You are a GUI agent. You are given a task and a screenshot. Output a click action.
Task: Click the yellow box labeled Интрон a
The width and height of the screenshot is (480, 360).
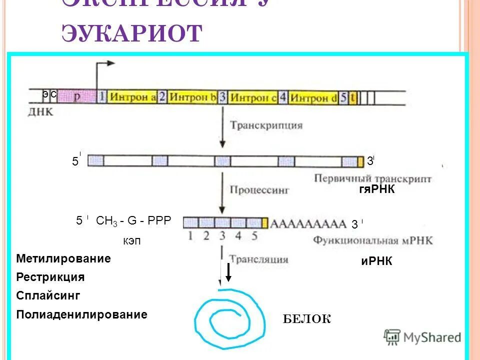click(x=132, y=97)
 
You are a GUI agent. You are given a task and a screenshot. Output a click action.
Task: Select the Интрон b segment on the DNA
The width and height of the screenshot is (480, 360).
click(x=192, y=97)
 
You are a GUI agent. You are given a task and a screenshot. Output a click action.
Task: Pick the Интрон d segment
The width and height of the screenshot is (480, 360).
click(x=313, y=97)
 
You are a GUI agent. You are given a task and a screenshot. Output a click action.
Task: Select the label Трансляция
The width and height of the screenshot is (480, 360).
click(x=258, y=259)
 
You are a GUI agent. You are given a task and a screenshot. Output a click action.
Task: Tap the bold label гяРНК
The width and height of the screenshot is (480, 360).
click(x=376, y=189)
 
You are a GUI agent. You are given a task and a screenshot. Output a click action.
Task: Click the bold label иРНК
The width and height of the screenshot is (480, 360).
click(x=376, y=261)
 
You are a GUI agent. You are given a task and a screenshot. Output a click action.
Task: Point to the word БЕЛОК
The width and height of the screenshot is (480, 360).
click(x=306, y=319)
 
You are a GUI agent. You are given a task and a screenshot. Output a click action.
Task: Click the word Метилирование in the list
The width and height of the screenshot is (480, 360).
click(x=63, y=259)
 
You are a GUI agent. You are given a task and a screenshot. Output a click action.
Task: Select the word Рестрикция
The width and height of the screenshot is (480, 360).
click(x=50, y=277)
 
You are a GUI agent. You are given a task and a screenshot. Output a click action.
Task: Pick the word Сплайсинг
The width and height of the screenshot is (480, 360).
click(x=48, y=295)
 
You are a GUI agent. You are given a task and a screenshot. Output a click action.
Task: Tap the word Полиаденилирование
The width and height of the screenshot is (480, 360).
click(x=81, y=314)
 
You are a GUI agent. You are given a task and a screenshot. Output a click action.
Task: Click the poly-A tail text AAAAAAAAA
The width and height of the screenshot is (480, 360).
click(x=308, y=223)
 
